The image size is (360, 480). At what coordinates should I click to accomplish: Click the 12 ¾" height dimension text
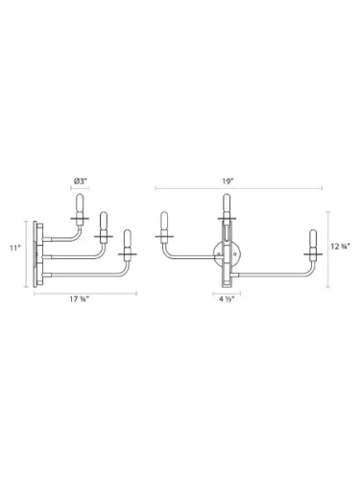pos(338,247)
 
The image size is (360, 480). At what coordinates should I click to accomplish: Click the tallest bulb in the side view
pos(81,207)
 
